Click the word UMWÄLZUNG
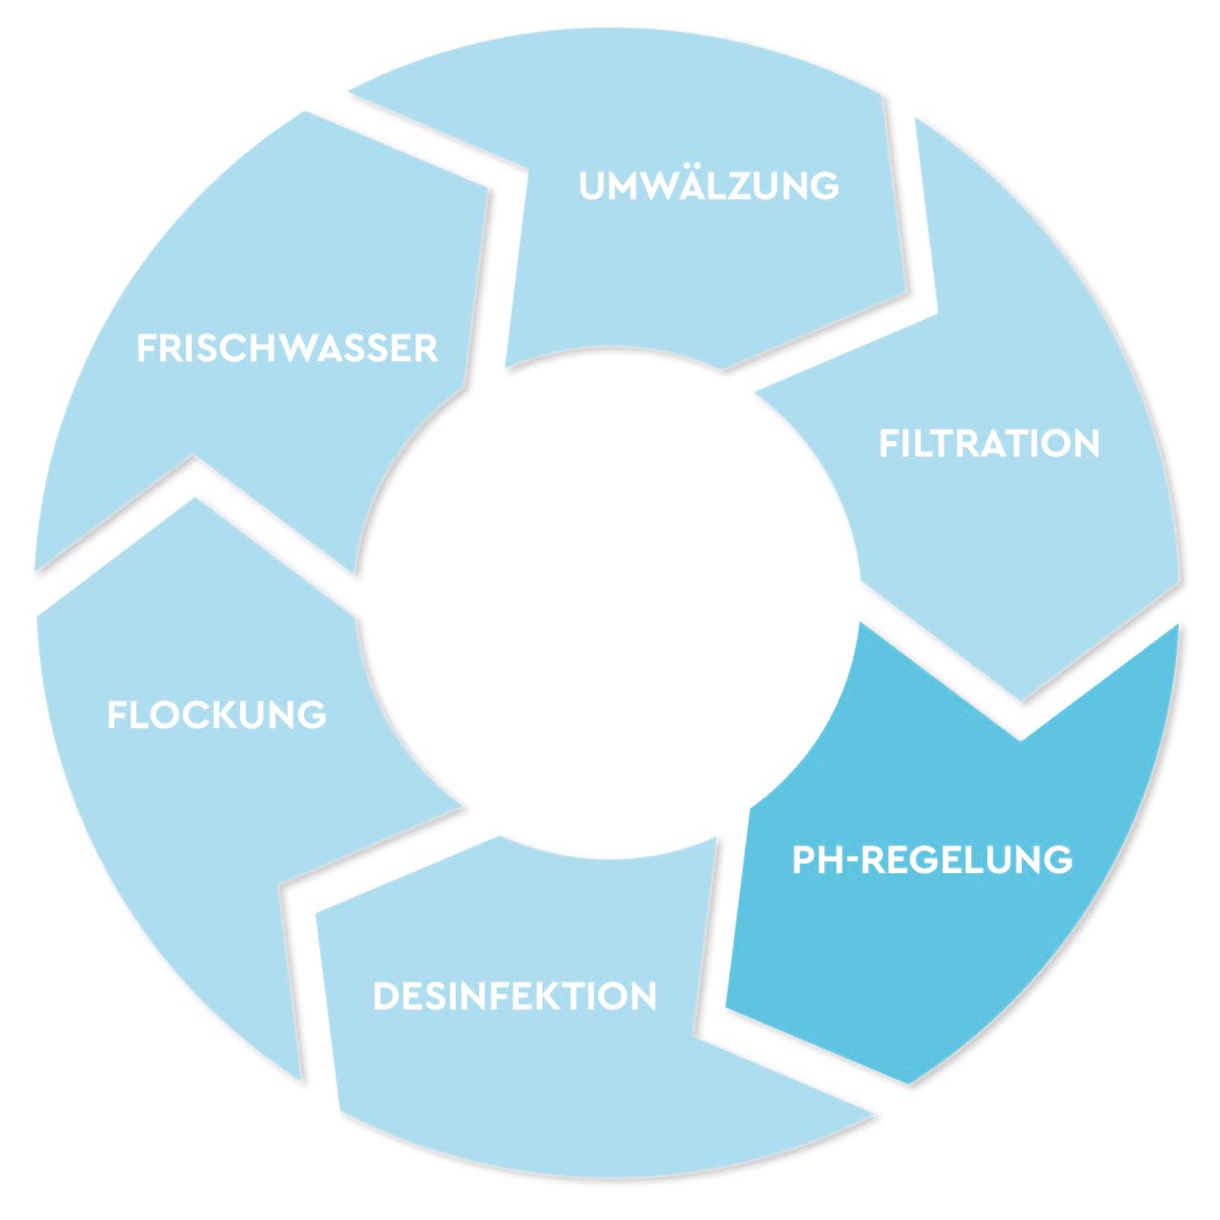(709, 185)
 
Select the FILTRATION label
(988, 444)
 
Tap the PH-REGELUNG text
(932, 860)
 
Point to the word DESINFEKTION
(515, 997)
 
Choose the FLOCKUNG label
(216, 715)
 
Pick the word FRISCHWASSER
(287, 349)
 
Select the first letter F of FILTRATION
(887, 444)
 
